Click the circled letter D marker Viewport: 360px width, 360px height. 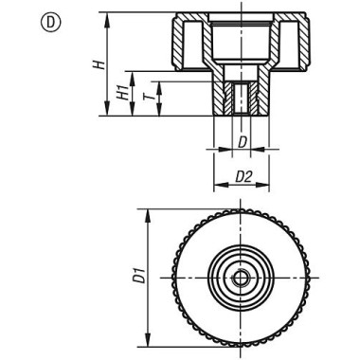point(50,23)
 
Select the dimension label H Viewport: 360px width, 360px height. point(99,64)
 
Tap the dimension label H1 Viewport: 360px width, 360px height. point(123,93)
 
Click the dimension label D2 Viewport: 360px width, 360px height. point(243,177)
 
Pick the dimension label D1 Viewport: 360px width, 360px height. point(139,275)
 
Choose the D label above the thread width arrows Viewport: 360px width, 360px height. point(242,143)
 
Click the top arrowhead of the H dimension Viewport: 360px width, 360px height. point(107,18)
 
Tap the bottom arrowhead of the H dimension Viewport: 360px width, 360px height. point(107,111)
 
